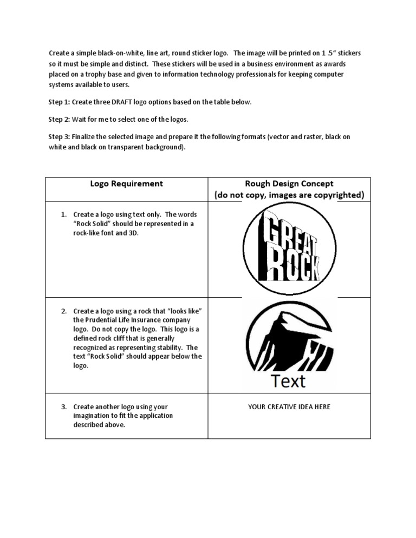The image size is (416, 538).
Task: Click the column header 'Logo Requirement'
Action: [x=126, y=183]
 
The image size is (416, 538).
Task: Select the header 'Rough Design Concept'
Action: [x=289, y=183]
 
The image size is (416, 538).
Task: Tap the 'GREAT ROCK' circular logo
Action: [x=289, y=249]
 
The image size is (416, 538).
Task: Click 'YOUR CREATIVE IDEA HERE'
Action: [x=289, y=406]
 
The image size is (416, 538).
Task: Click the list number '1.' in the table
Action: [x=63, y=214]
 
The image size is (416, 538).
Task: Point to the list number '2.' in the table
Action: [x=63, y=311]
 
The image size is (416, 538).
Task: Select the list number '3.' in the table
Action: [x=63, y=406]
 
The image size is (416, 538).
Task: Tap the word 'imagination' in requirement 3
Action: [x=93, y=416]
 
